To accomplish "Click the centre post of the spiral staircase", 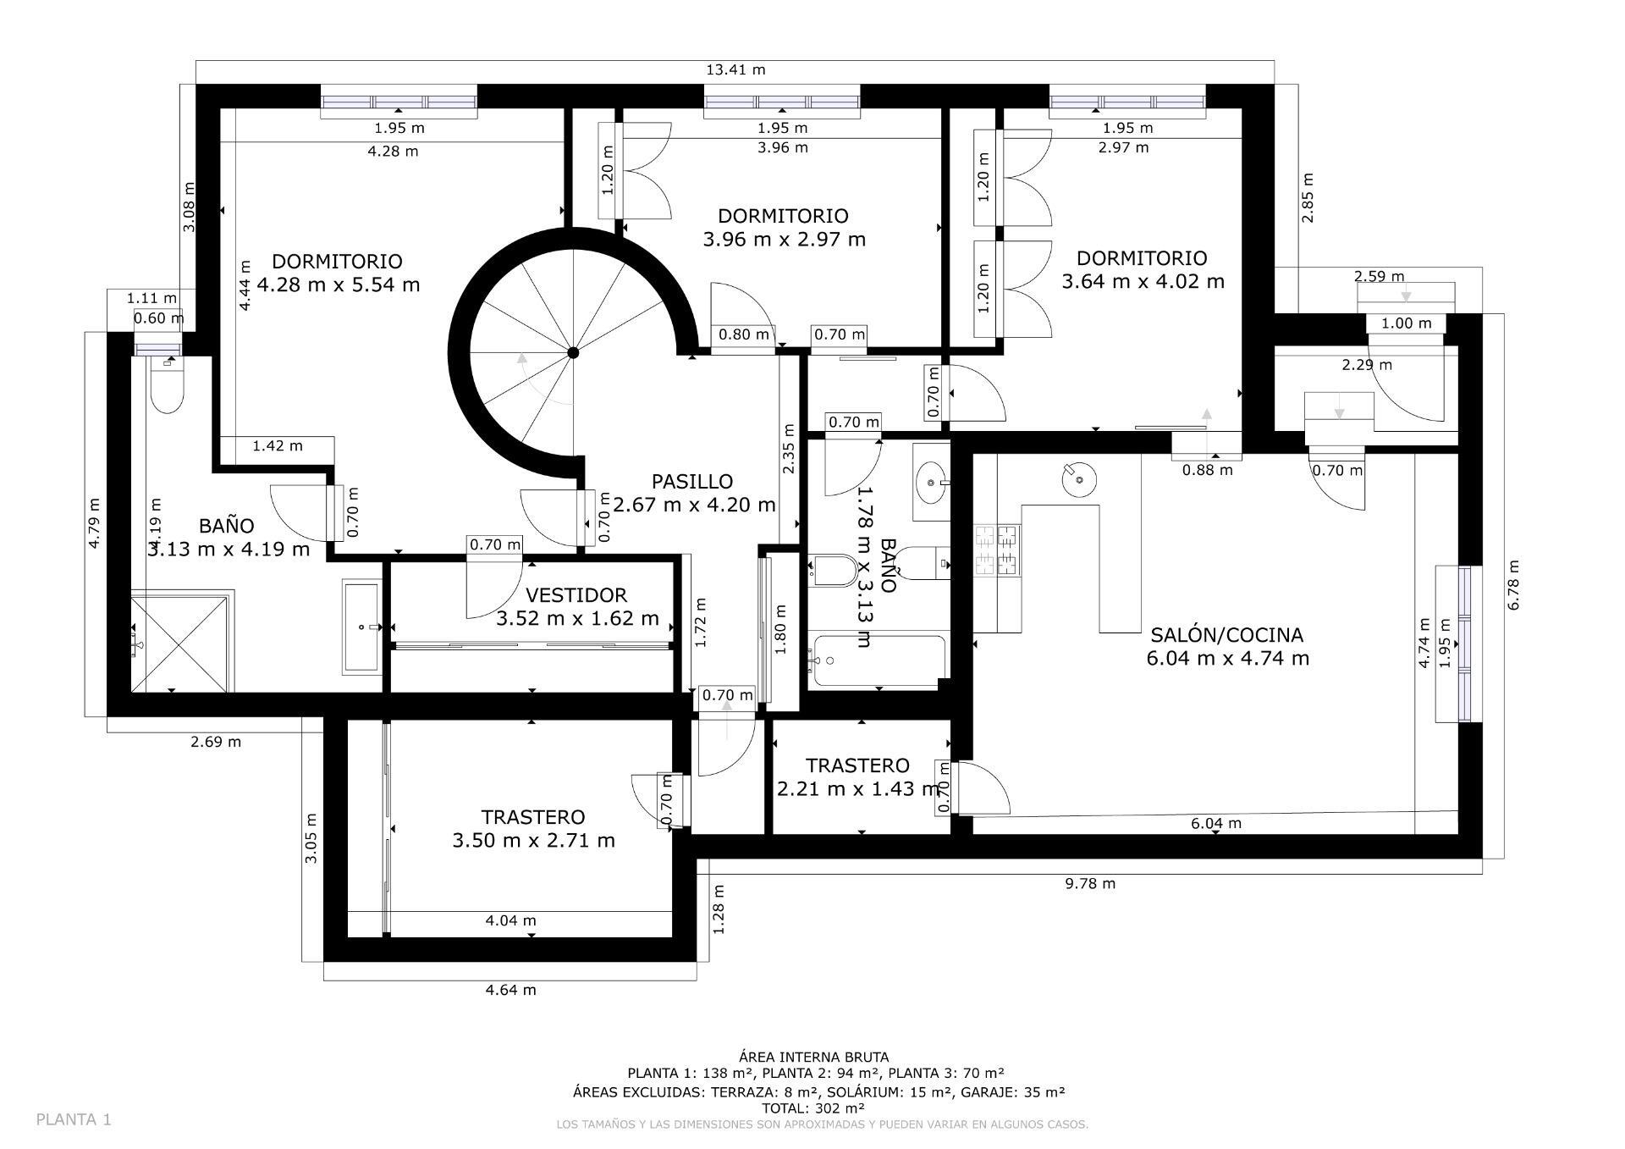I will (573, 352).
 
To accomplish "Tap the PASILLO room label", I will (692, 482).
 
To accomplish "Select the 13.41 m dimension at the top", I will (735, 70).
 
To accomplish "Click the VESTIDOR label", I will (576, 596).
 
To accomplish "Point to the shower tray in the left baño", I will (179, 644).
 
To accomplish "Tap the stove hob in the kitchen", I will (997, 551).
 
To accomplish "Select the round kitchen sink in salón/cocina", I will (1078, 480).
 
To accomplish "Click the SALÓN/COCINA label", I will (1226, 635).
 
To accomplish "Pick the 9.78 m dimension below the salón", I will (1089, 884).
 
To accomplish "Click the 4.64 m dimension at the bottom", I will (510, 990).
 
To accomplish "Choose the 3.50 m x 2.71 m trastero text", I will (533, 829).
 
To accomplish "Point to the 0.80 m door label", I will (743, 334).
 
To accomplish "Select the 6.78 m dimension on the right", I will (1513, 584).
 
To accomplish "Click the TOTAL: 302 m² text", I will (813, 1108).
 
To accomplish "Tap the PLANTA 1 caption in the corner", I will (74, 1119).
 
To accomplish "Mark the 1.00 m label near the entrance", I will (1406, 323).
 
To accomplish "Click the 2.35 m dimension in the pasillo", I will (789, 448).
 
